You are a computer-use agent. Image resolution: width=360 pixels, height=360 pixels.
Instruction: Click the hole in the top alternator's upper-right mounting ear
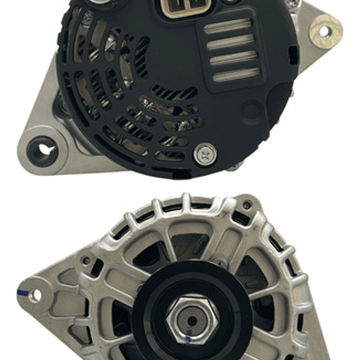click(x=324, y=31)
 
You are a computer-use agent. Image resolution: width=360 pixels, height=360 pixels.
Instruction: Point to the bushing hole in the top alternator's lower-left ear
click(x=42, y=150)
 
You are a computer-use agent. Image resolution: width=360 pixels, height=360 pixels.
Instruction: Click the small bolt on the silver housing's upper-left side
click(x=87, y=261)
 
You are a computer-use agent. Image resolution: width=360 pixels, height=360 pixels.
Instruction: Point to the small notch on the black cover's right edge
click(x=292, y=53)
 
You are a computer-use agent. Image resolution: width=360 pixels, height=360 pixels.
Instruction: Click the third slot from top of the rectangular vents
click(x=234, y=59)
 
